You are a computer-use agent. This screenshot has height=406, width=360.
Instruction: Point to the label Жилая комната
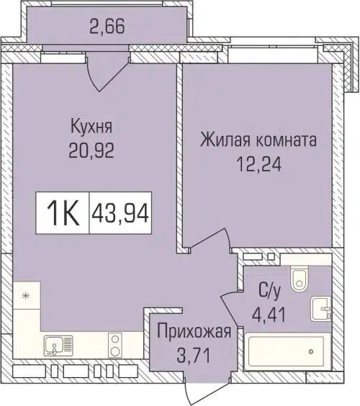click(258, 140)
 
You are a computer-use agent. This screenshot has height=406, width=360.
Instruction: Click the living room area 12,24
click(258, 164)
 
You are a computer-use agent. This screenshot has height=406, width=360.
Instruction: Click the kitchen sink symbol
click(55, 347)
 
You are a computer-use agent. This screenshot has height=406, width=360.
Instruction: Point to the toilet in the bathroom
click(299, 278)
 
